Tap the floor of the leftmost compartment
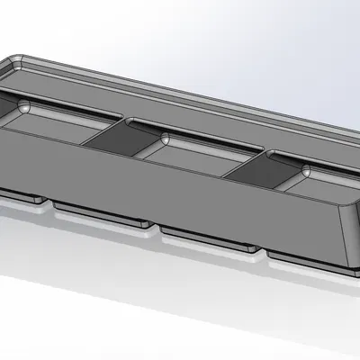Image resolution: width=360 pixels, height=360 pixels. pos(54,126)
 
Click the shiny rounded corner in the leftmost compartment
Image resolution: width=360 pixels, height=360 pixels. pos(24,107)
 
